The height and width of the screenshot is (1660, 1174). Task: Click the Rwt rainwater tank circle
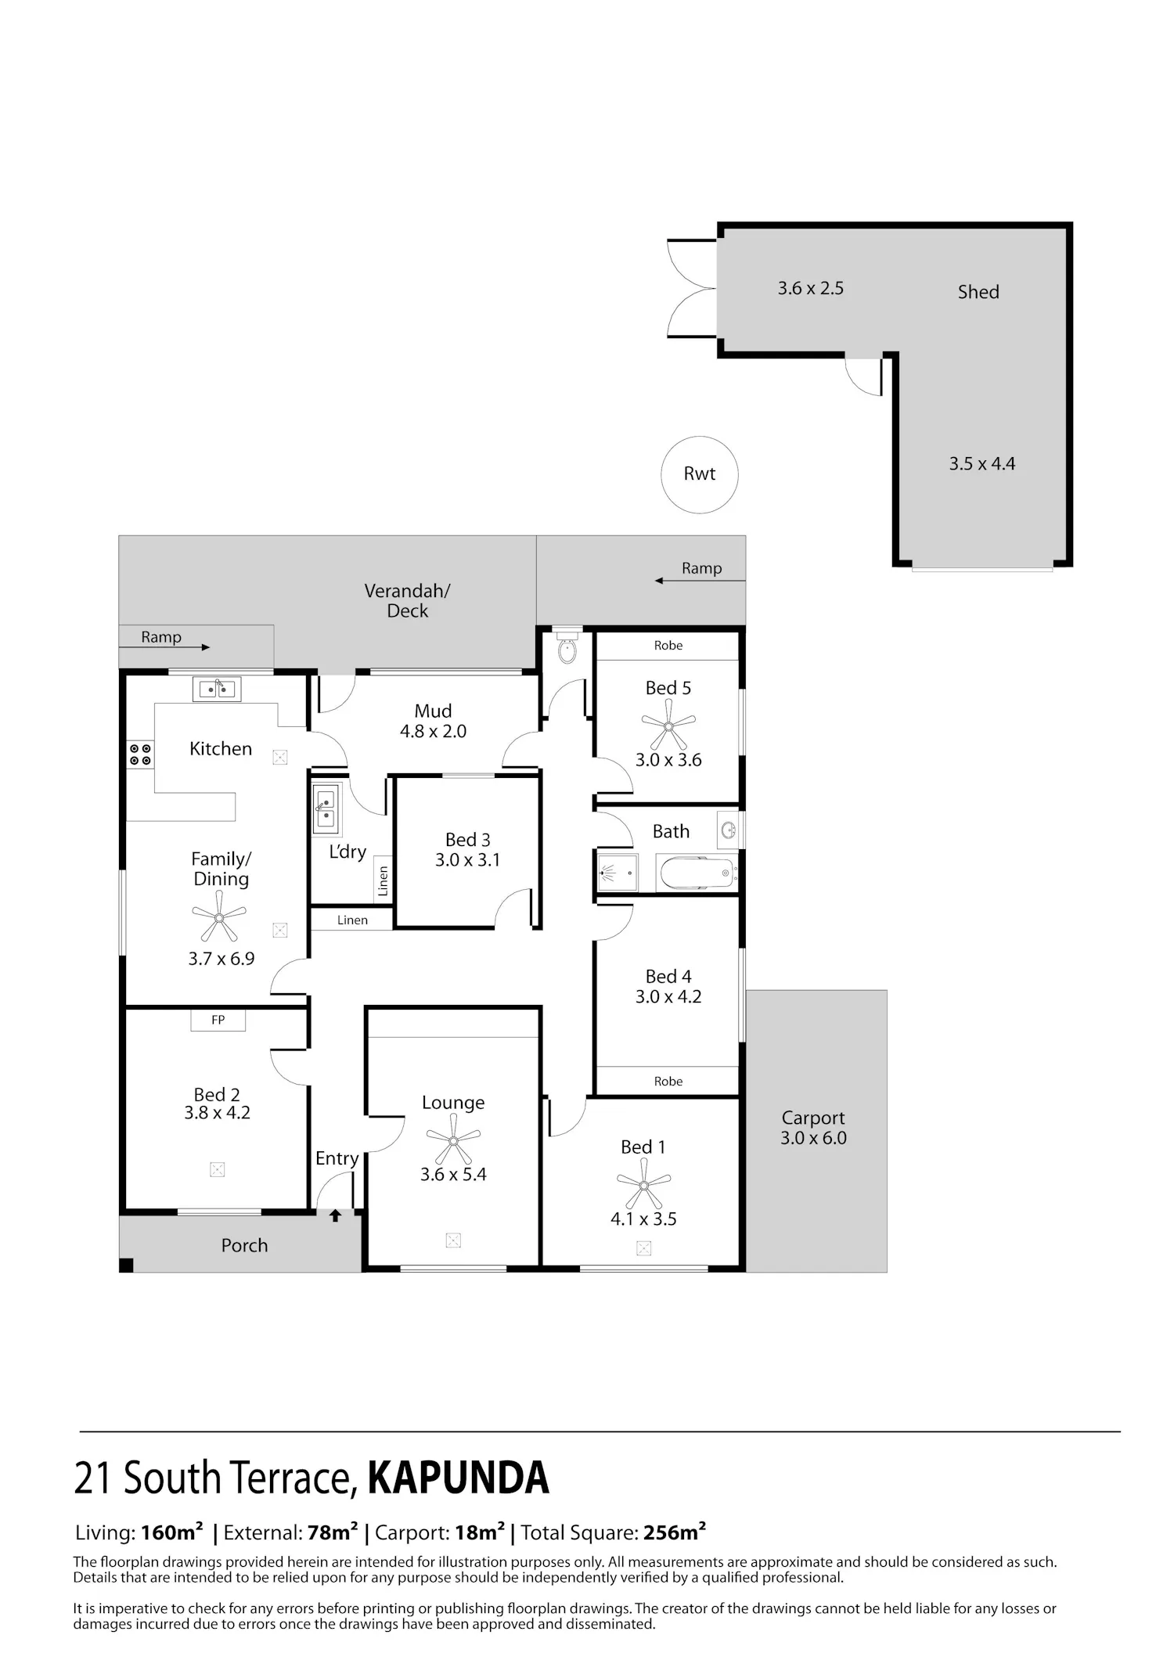pos(662,475)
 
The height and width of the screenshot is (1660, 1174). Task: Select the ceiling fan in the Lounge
pos(453,1140)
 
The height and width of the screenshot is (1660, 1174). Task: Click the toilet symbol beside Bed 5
pos(567,646)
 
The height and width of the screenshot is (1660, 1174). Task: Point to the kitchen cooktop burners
pos(140,754)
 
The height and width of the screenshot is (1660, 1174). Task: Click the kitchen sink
pos(217,690)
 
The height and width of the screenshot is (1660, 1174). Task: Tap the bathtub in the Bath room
pos(697,873)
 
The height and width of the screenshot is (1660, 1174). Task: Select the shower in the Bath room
pos(617,873)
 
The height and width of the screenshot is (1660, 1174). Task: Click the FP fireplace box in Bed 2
pos(218,1020)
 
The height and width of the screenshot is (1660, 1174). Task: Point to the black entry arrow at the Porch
pos(335,1215)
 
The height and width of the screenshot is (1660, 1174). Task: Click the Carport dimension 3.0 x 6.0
pos(813,1138)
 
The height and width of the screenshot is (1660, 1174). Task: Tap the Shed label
pos(978,292)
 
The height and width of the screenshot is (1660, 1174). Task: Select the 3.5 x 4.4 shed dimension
pos(982,463)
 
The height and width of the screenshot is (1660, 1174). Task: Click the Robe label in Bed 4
pos(668,1081)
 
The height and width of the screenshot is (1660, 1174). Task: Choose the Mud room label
pos(434,711)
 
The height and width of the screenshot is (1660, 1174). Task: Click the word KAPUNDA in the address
pos(459,1478)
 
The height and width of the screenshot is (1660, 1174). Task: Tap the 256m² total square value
pos(675,1532)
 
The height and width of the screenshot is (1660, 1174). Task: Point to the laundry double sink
pos(326,808)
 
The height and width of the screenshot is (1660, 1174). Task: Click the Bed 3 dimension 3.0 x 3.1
pos(467,859)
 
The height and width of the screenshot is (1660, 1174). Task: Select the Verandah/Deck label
pos(408,600)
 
